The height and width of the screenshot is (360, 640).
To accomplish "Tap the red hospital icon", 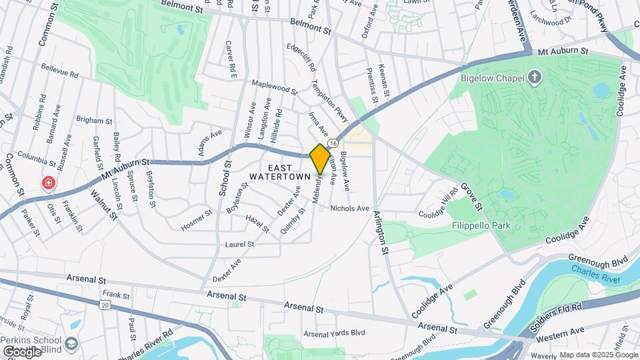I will [x=48, y=182].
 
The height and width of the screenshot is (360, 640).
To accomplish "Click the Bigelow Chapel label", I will [x=493, y=78].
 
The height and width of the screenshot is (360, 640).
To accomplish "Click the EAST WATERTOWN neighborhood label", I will [x=280, y=171].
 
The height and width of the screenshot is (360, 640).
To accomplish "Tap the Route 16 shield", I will [x=331, y=134].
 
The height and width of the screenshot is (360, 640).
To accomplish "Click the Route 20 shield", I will [x=104, y=305].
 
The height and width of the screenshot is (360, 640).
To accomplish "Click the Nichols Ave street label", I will [x=349, y=208].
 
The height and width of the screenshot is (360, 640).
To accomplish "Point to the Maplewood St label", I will [x=274, y=87].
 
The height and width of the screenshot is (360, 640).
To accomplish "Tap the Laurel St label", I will [x=239, y=245].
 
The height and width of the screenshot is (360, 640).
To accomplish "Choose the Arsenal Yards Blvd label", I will [x=335, y=333].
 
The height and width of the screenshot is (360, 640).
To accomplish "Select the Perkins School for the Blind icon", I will [x=71, y=343].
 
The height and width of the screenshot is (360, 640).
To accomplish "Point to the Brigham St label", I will [x=94, y=121].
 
